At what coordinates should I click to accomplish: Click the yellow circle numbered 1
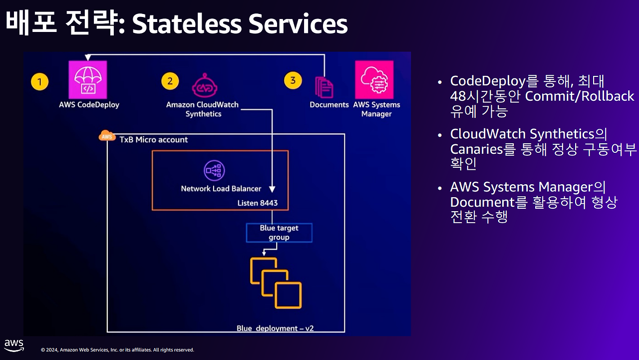39,82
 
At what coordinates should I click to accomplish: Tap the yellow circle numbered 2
170,81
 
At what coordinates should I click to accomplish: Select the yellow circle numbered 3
293,80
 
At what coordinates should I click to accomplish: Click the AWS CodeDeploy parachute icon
88,80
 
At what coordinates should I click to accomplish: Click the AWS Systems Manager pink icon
374,80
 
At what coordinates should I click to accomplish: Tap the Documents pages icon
324,87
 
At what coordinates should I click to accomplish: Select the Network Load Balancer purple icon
214,171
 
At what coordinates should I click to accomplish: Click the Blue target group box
279,233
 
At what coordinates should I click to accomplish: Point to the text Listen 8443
258,203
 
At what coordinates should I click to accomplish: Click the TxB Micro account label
153,139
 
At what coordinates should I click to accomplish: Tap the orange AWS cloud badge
107,136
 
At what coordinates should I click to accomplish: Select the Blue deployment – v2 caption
275,329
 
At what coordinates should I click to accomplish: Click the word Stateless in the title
187,23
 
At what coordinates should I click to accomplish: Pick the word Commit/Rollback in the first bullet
580,96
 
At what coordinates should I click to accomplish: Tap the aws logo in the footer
14,346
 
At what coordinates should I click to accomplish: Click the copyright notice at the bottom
117,350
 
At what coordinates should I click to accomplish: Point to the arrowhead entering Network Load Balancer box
272,189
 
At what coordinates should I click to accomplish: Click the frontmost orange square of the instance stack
289,296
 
